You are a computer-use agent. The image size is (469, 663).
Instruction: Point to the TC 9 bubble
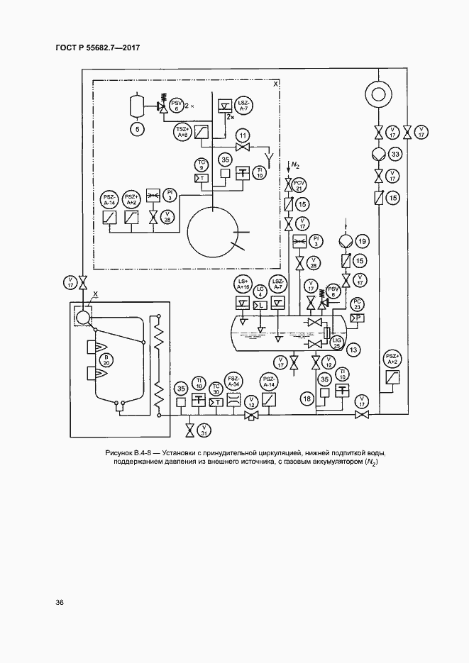coord(202,165)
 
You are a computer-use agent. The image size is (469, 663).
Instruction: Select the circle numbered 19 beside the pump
coord(362,243)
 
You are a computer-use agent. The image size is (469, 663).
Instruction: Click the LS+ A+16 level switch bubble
coord(243,285)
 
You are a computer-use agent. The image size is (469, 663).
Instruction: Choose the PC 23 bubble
coord(358,303)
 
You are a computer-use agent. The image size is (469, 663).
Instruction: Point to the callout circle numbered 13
coord(353,348)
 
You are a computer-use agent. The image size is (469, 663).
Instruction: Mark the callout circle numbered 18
coord(307,399)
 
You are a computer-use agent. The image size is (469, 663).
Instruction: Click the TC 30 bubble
coord(216,389)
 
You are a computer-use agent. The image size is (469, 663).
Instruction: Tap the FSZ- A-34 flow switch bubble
coord(233,382)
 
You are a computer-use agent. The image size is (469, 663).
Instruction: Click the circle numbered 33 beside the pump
coord(396,155)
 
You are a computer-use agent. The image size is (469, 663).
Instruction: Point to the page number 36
coord(60,603)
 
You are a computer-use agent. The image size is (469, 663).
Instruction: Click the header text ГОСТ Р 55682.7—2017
coord(97,48)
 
